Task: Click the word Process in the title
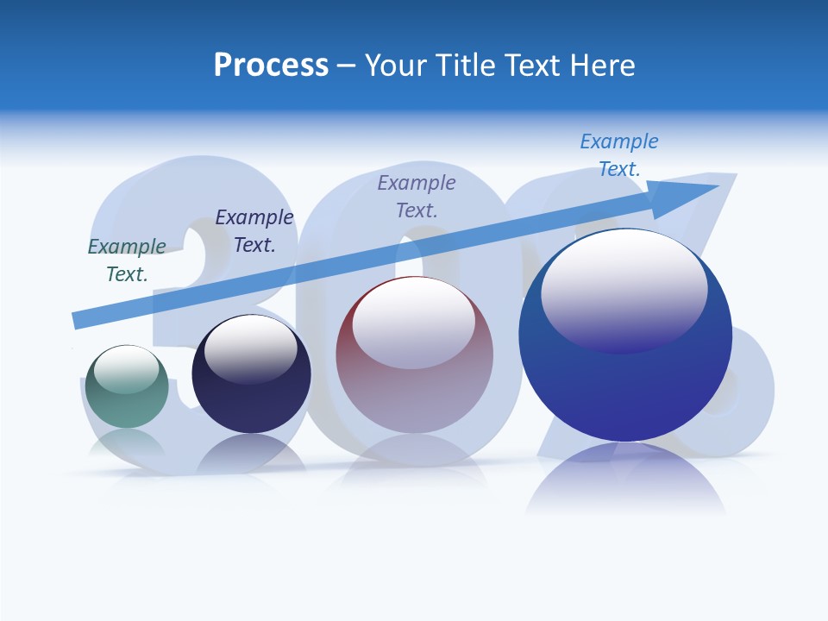click(271, 66)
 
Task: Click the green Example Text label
click(127, 260)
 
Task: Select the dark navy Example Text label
click(254, 230)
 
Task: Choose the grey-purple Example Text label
click(417, 196)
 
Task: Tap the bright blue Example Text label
click(618, 154)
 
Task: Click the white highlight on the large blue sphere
click(624, 280)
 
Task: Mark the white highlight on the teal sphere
click(127, 369)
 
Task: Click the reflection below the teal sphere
click(127, 444)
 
